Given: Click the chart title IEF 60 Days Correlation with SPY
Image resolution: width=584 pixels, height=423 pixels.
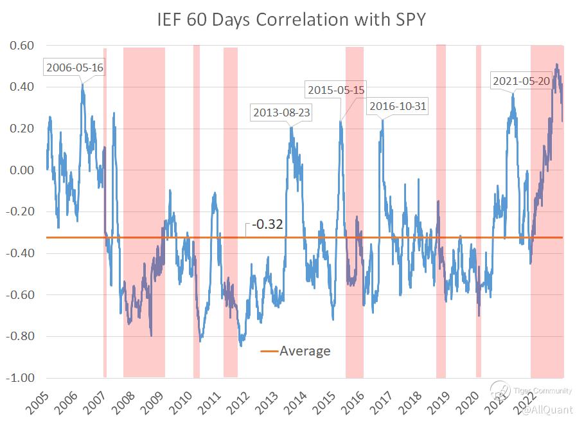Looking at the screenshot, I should click(x=292, y=20).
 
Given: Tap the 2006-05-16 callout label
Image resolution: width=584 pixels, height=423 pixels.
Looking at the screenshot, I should click(x=74, y=66).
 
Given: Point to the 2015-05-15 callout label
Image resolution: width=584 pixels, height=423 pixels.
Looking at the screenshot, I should click(x=336, y=90).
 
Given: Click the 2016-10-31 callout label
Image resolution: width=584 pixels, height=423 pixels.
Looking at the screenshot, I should click(x=397, y=106).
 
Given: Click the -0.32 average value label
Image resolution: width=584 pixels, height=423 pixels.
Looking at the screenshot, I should click(x=268, y=225).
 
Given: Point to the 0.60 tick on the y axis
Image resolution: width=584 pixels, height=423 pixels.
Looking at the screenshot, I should click(x=21, y=46).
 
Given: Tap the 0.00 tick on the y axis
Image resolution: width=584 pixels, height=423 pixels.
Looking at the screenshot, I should click(x=21, y=170).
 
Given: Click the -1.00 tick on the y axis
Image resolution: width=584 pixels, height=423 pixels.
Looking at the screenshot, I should click(x=19, y=378).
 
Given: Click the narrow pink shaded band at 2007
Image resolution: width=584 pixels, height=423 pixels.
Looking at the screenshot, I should click(x=105, y=212).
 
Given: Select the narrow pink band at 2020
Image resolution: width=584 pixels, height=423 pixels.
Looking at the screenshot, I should click(x=479, y=212).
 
